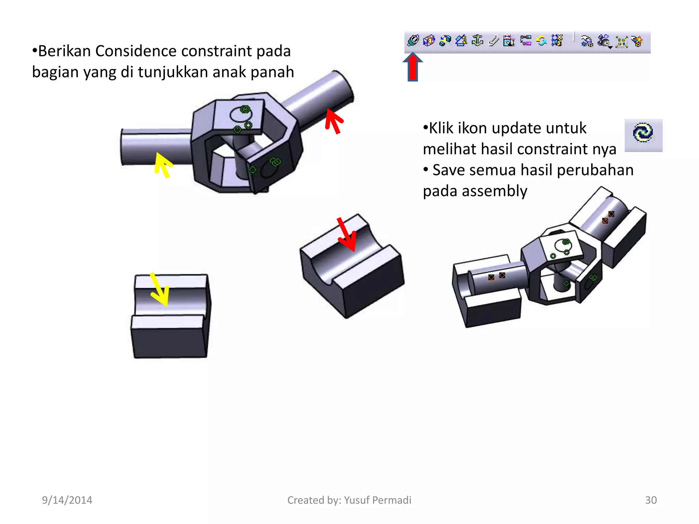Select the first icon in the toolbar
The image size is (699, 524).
click(413, 41)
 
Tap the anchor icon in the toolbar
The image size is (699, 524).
click(477, 41)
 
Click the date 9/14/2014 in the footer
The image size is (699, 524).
click(67, 500)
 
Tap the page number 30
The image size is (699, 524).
click(651, 500)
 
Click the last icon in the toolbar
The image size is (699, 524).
click(637, 41)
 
